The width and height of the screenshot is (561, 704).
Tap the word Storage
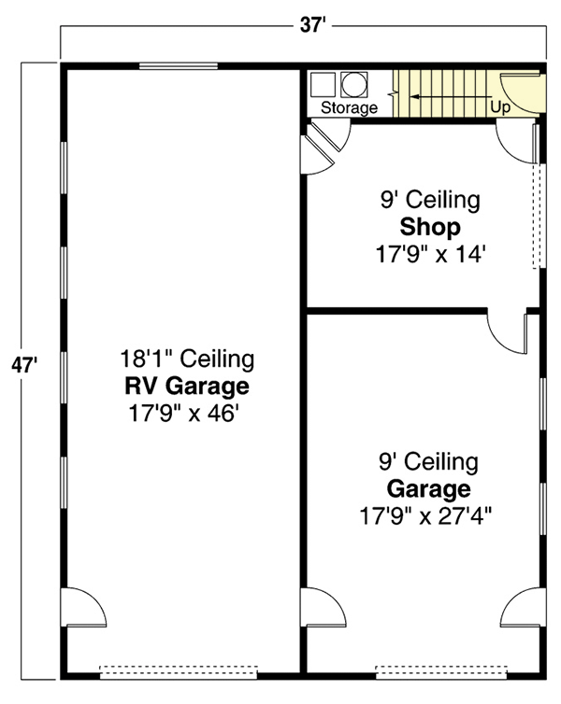coord(349,108)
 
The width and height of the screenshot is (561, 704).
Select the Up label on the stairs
coord(500,107)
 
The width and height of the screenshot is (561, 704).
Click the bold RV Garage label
coord(186,387)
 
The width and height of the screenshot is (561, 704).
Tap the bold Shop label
coord(429,227)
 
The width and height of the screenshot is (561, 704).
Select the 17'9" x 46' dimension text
coord(186,412)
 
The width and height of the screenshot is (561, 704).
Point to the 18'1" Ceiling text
coord(186,359)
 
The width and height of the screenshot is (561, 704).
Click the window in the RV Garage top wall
coord(179,67)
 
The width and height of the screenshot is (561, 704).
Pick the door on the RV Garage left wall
coord(83,611)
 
